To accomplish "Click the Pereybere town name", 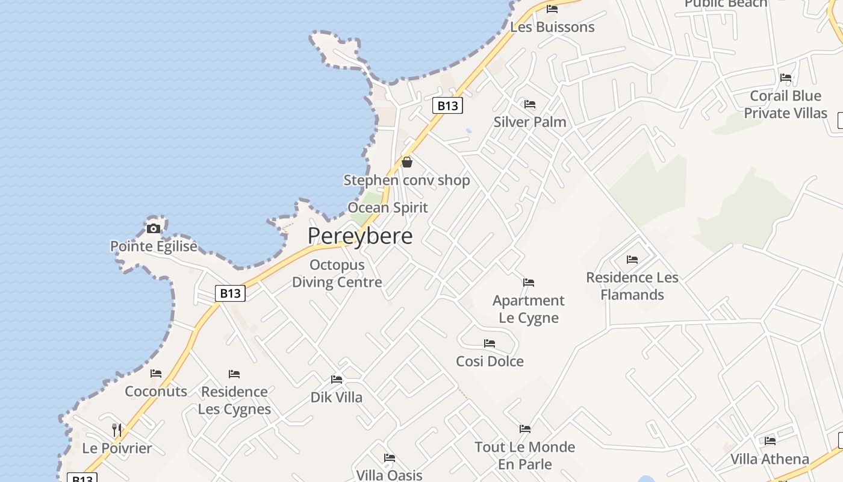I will point(360,236).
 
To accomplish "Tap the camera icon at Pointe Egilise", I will point(154,228).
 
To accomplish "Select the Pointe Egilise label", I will point(154,246).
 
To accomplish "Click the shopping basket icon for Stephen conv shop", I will point(407,162).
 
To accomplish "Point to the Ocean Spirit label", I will point(388,208).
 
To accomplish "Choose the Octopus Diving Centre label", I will point(337,274).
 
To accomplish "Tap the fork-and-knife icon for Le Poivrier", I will point(117,430).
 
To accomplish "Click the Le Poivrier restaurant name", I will point(117,448).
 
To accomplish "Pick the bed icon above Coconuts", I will point(156,374).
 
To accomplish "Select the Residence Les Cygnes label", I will point(234,400).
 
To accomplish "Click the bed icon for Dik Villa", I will point(337,380).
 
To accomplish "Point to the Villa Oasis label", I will point(389,475).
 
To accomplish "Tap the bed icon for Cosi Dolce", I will point(490,343).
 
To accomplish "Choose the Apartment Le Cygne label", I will point(529,309).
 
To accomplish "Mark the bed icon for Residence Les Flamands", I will point(632,260).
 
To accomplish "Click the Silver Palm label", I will point(530,122).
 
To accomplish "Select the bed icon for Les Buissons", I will point(552,9).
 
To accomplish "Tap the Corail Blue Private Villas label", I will point(785,104).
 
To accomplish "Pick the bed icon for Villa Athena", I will point(770,441).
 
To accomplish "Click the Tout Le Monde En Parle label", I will point(524,455).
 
